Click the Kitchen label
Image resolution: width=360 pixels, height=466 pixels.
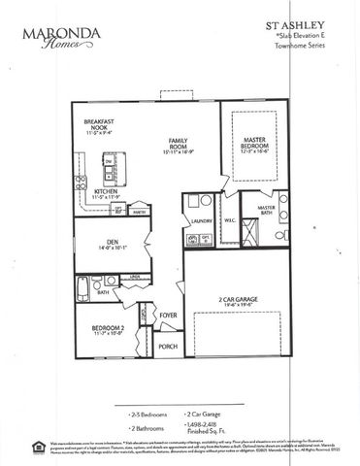point(106,192)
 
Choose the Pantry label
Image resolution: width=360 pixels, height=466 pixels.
point(140,211)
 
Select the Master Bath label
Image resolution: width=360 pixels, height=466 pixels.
point(265,211)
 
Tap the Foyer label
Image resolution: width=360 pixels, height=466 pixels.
point(168,316)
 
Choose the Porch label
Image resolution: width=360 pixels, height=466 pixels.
point(168,347)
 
